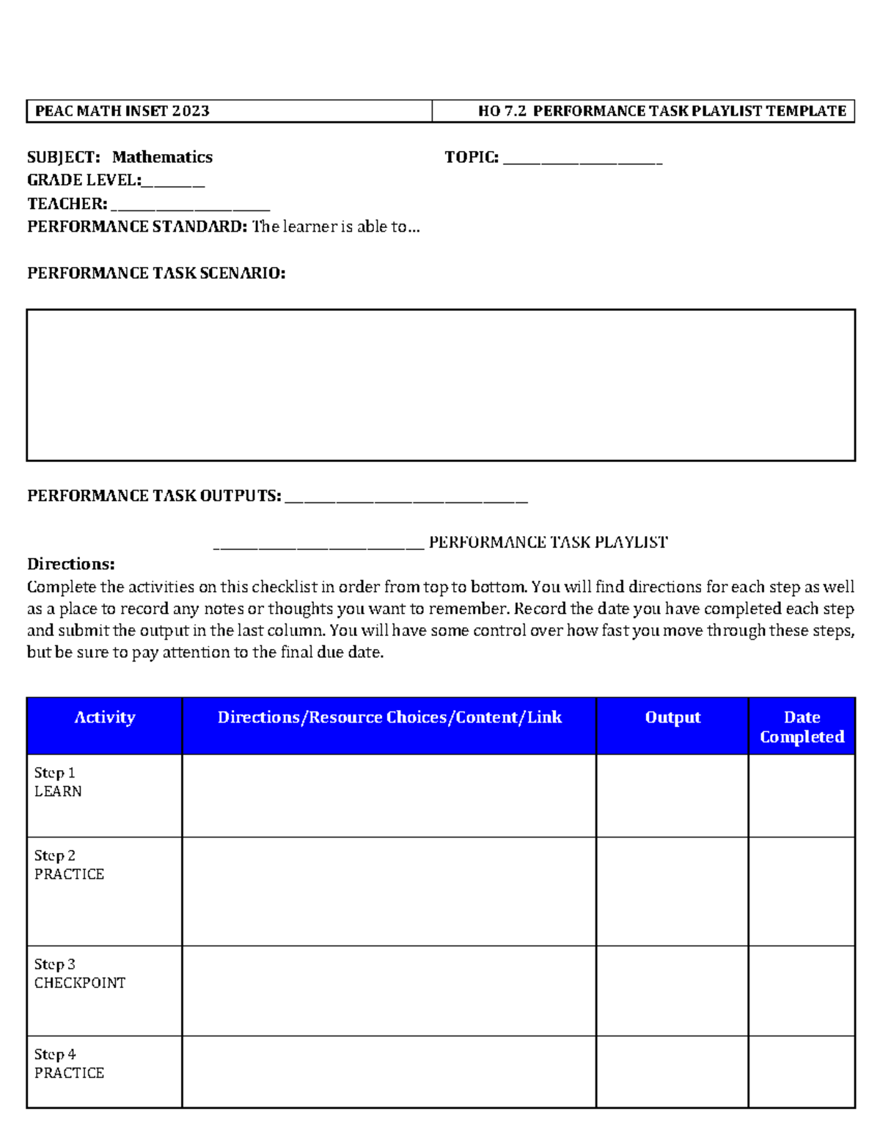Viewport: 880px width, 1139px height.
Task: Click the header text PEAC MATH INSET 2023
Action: pyautogui.click(x=122, y=111)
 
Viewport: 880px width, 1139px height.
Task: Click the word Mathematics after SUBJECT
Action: pyautogui.click(x=162, y=157)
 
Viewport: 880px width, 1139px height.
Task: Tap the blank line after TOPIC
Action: pyautogui.click(x=583, y=159)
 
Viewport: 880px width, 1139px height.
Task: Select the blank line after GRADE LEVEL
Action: pyautogui.click(x=174, y=182)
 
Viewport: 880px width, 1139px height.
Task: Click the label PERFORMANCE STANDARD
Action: pyautogui.click(x=137, y=227)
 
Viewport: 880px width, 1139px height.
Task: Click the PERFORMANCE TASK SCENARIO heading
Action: pyautogui.click(x=156, y=274)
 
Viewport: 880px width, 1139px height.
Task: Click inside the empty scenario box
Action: pyautogui.click(x=441, y=385)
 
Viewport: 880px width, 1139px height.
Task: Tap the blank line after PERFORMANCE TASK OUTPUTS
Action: pyautogui.click(x=406, y=498)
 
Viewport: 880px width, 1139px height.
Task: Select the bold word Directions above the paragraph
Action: pyautogui.click(x=71, y=564)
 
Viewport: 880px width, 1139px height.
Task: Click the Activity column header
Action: pyautogui.click(x=105, y=717)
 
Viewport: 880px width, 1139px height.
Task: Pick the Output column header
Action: pyautogui.click(x=672, y=717)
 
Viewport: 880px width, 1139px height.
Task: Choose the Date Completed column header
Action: pyautogui.click(x=802, y=727)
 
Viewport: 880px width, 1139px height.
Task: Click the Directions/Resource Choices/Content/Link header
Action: pyautogui.click(x=389, y=717)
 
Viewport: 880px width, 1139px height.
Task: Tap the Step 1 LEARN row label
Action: pyautogui.click(x=58, y=782)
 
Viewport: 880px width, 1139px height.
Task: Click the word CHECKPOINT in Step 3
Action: pyautogui.click(x=80, y=983)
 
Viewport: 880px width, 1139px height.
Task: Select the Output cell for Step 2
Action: pyautogui.click(x=672, y=891)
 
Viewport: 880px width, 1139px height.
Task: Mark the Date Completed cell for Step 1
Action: pyautogui.click(x=802, y=796)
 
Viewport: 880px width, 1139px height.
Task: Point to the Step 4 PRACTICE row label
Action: pyautogui.click(x=69, y=1063)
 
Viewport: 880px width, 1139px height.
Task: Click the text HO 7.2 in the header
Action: pyautogui.click(x=502, y=111)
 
